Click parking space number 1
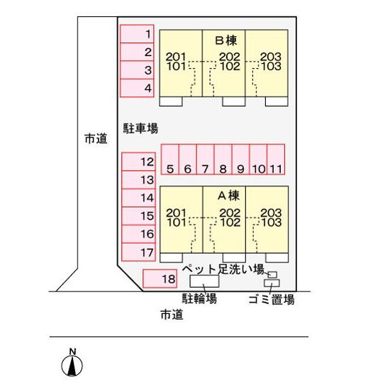tap(137, 34)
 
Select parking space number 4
tap(137, 88)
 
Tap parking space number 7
tap(205, 159)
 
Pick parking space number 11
tap(276, 159)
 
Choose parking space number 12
tap(138, 162)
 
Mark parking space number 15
tap(138, 216)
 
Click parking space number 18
tap(160, 278)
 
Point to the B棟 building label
tap(225, 40)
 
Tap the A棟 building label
tap(228, 196)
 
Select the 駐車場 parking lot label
tap(140, 128)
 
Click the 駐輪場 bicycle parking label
tap(199, 298)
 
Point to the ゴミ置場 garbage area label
tap(272, 300)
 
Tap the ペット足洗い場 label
tap(223, 269)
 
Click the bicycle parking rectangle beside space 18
tap(204, 281)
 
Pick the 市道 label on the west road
tap(96, 138)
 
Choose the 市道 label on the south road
tap(172, 315)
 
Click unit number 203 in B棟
tap(271, 57)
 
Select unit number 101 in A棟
tap(177, 222)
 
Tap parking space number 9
tap(240, 159)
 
